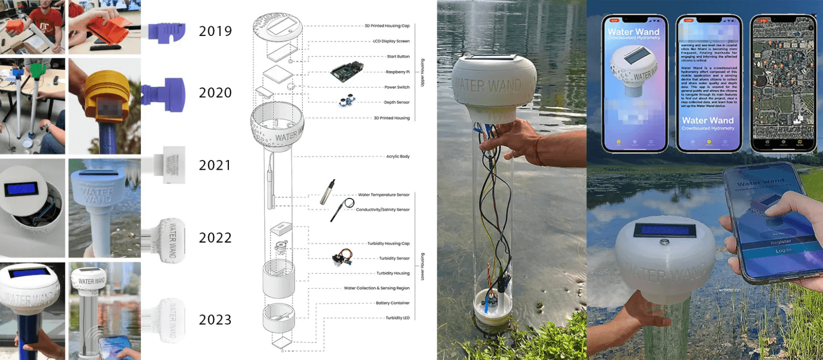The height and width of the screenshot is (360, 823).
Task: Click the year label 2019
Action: [215, 31]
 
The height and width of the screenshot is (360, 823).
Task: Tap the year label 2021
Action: [215, 166]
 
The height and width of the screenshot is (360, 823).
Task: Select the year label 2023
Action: [215, 320]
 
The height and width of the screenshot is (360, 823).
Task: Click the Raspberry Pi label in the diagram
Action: [398, 72]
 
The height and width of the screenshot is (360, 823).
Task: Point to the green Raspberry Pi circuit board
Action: [346, 73]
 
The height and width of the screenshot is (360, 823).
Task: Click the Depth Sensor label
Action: [397, 102]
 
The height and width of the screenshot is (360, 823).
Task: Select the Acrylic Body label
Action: [398, 156]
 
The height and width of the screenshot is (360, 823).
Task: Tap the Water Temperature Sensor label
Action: [384, 195]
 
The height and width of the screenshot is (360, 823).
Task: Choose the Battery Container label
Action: [392, 303]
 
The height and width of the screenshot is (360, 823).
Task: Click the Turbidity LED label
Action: [398, 318]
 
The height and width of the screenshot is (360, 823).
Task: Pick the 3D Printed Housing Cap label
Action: [387, 26]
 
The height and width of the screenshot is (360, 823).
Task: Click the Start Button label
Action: [398, 57]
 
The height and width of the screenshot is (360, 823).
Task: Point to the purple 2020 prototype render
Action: [164, 94]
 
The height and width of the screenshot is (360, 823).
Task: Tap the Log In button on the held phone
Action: [783, 250]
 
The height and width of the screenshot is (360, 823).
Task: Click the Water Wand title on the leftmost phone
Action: [634, 32]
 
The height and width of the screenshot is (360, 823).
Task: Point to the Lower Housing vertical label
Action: [423, 266]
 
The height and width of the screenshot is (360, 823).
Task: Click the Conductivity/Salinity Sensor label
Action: [383, 210]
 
